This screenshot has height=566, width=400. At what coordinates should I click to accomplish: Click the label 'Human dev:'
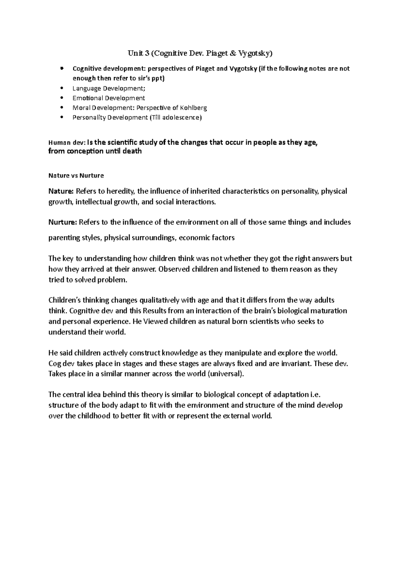(x=67, y=143)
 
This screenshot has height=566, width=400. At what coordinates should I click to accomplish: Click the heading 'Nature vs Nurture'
(x=76, y=175)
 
